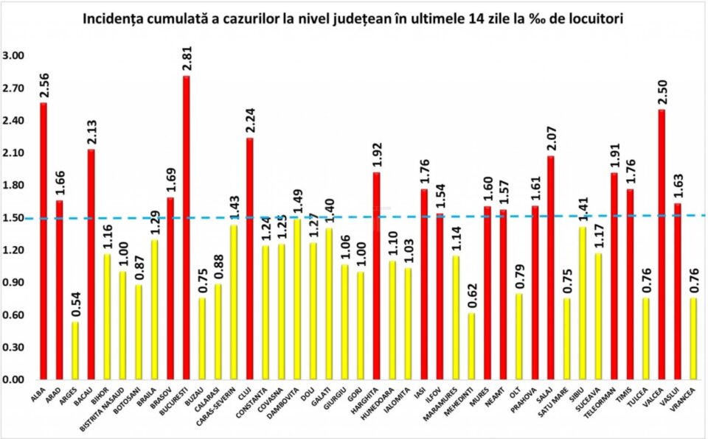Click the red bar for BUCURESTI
pyautogui.click(x=187, y=228)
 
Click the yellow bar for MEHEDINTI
pyautogui.click(x=471, y=346)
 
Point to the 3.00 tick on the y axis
pyautogui.click(x=14, y=56)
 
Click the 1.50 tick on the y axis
pyautogui.click(x=14, y=218)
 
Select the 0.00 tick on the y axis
pyautogui.click(x=14, y=380)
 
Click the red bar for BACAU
pyautogui.click(x=91, y=264)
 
